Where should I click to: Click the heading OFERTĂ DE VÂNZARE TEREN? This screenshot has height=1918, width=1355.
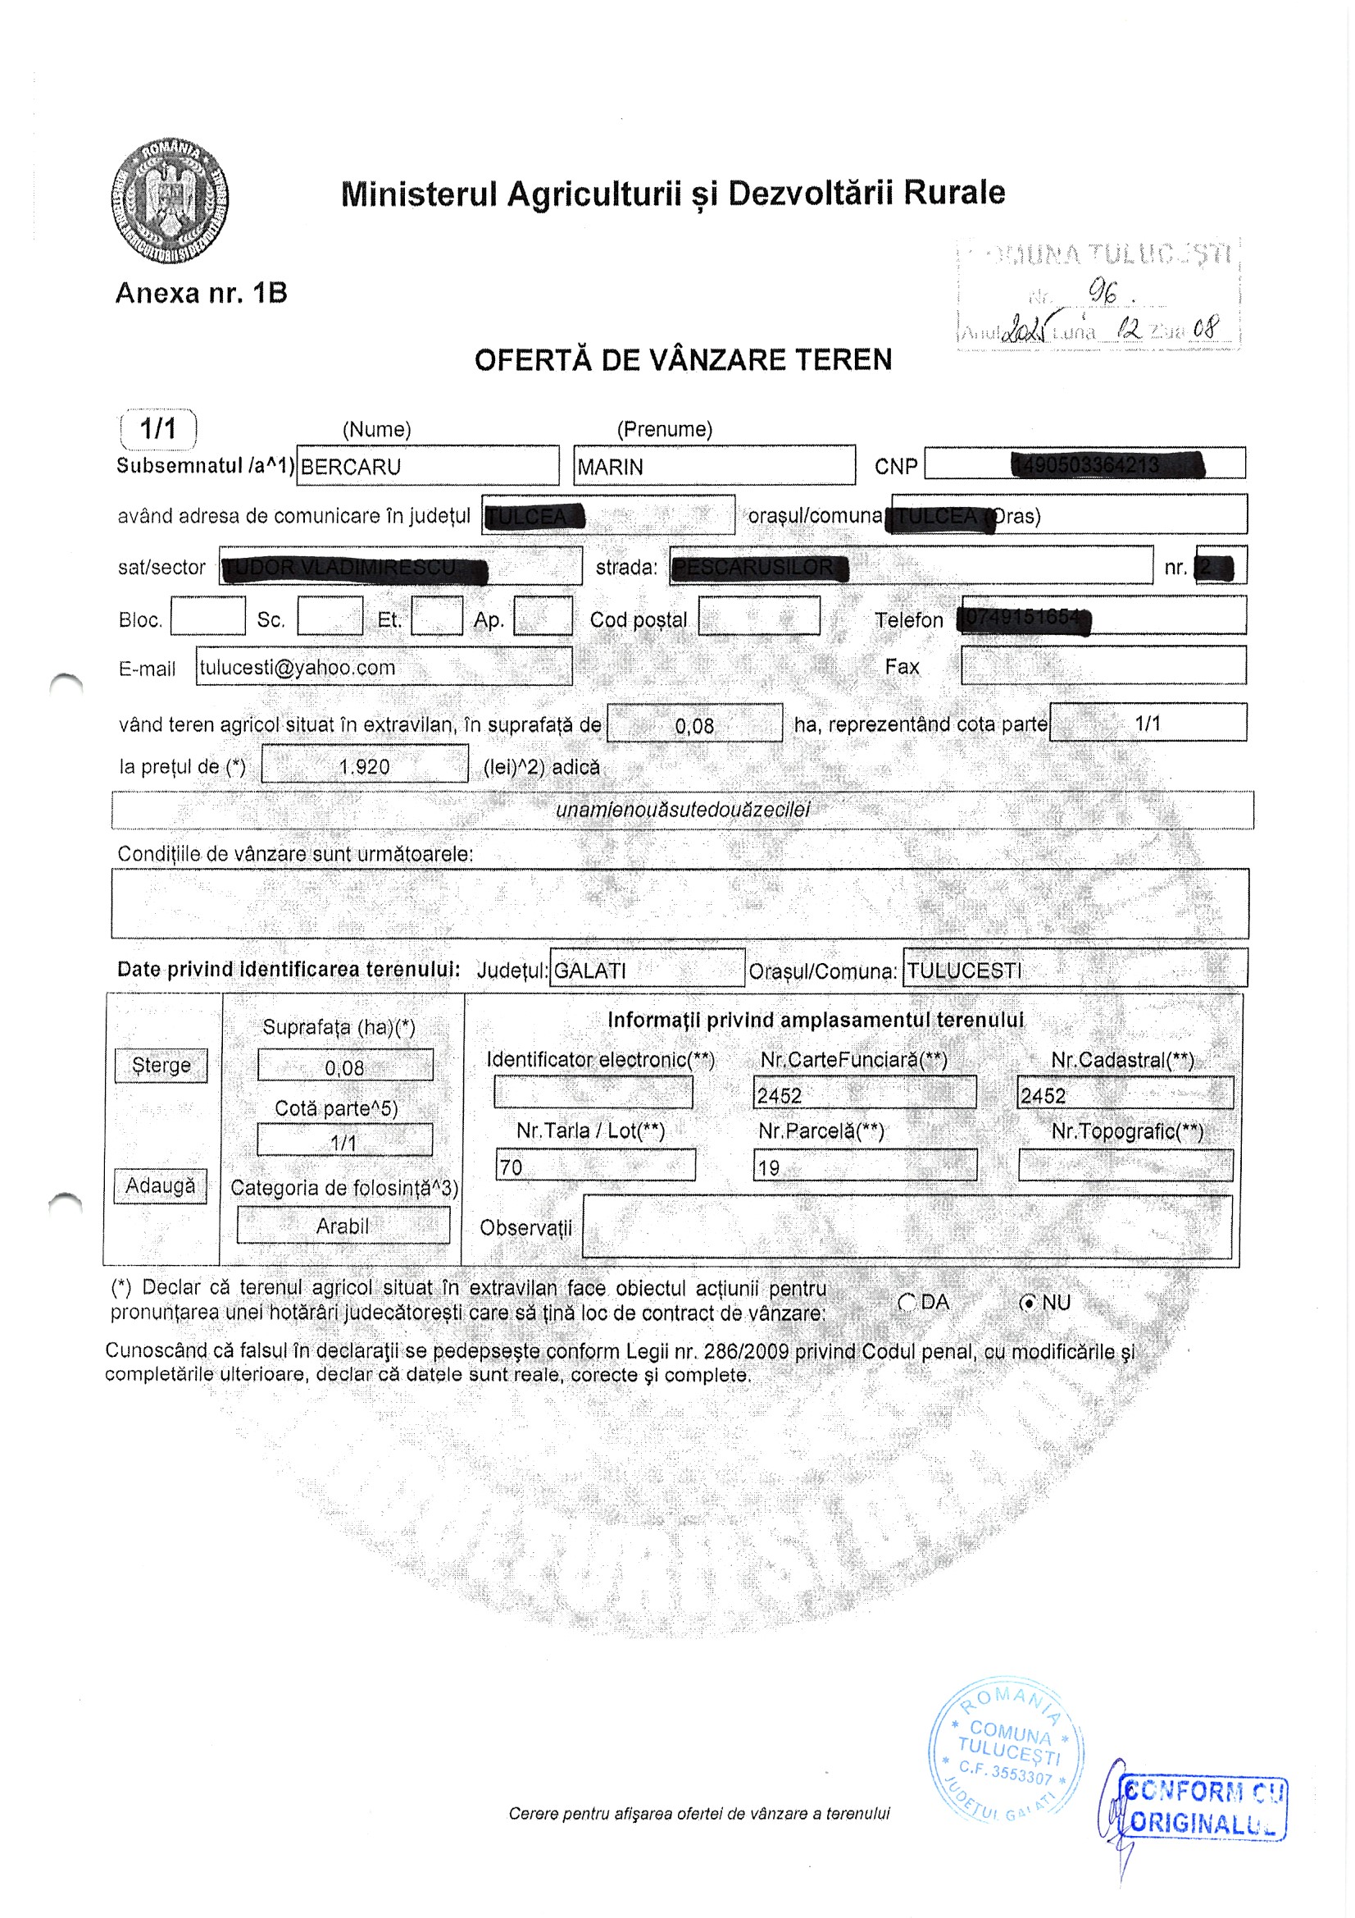coord(682,360)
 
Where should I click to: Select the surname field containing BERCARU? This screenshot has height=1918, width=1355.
coord(426,465)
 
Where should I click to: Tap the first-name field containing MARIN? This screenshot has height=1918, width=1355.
coord(714,465)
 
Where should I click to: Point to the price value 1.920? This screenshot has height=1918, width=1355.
coord(364,765)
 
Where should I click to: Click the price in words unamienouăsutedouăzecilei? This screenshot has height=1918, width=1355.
coord(682,810)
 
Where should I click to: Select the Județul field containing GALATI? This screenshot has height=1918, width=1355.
coord(646,969)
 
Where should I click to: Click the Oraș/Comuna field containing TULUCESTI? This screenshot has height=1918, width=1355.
coord(1075,969)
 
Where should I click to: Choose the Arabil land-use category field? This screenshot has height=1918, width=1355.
coord(343,1226)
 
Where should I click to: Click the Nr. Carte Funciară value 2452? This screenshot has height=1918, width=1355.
coord(863,1094)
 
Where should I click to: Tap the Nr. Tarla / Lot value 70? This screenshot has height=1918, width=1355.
coord(594,1167)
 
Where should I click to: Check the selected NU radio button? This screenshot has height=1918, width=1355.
coord(1030,1303)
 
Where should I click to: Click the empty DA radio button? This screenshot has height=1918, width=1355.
coord(907,1303)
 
